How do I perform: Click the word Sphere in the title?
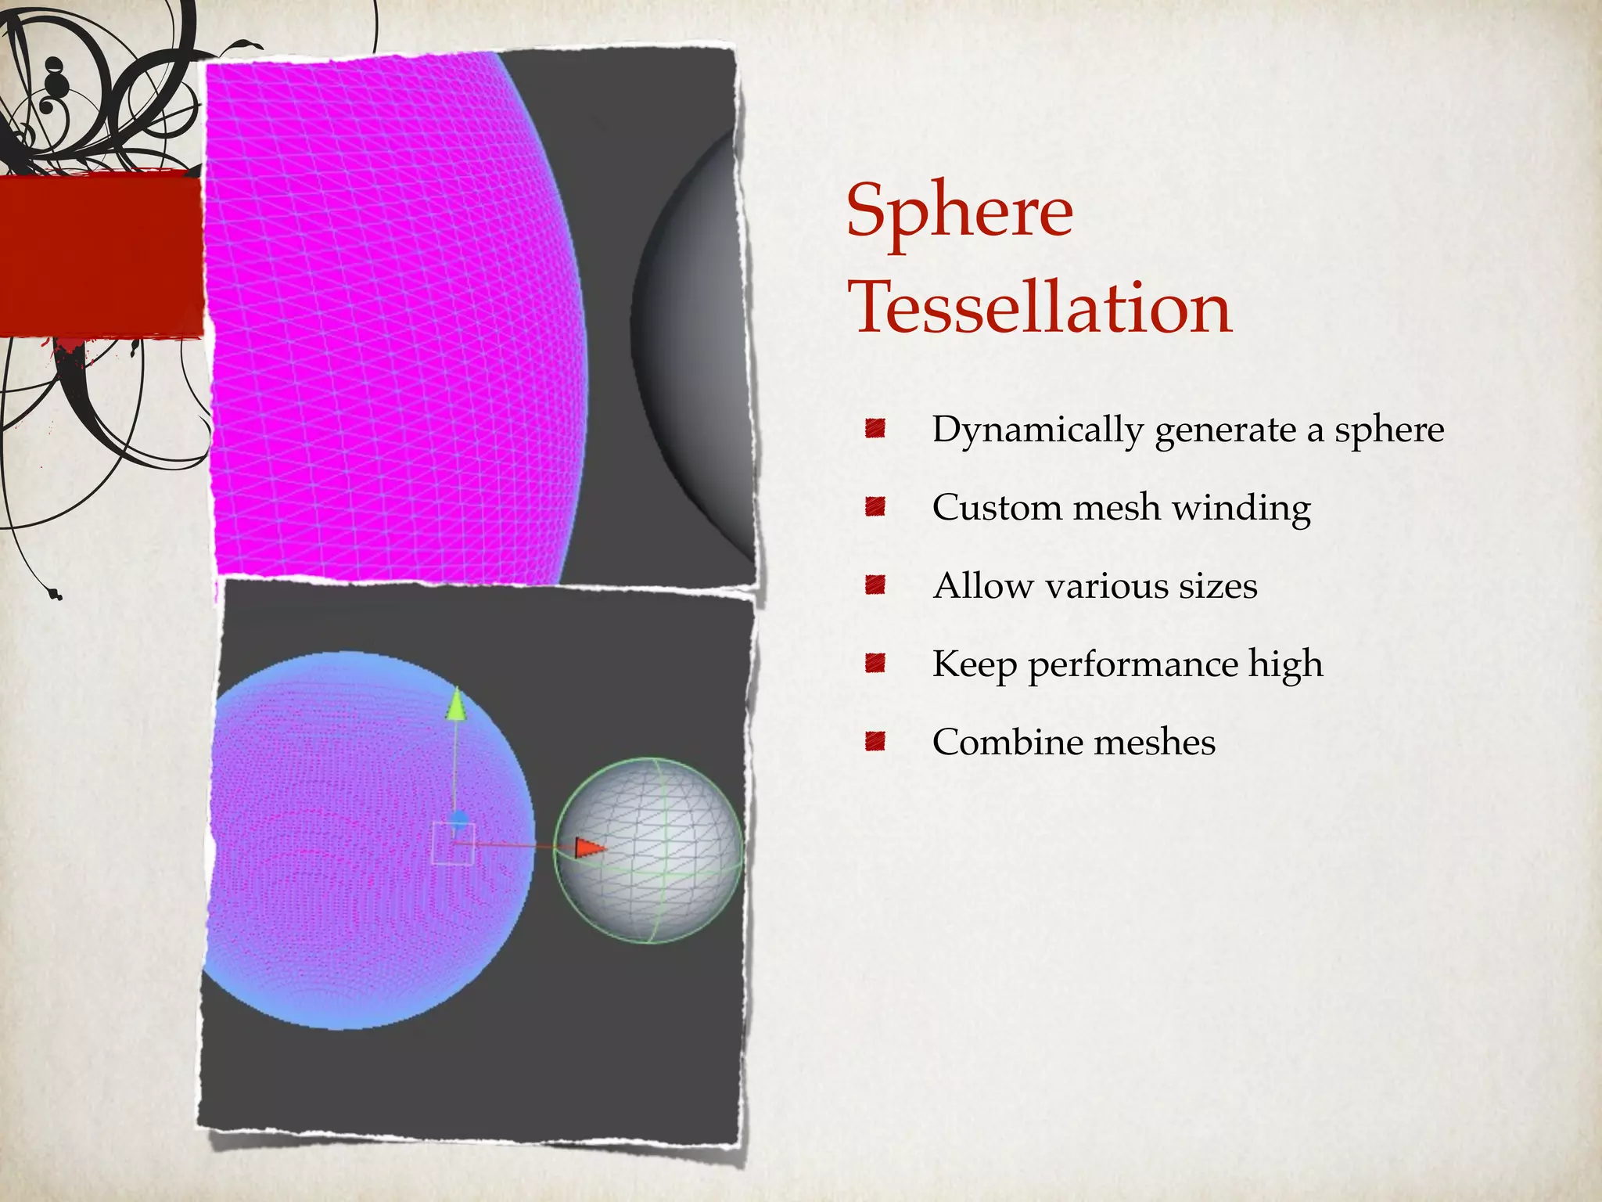pos(960,211)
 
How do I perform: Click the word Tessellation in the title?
pos(1040,308)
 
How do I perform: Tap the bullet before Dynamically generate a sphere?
pos(875,428)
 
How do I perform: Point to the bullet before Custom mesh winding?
pos(875,506)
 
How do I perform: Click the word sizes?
pos(1218,585)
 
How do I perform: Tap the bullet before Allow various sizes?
pos(875,585)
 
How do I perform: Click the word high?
pos(1285,664)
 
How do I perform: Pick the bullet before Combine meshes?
pos(875,741)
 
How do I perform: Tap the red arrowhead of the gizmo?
pos(589,848)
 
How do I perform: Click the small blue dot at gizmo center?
pos(459,819)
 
